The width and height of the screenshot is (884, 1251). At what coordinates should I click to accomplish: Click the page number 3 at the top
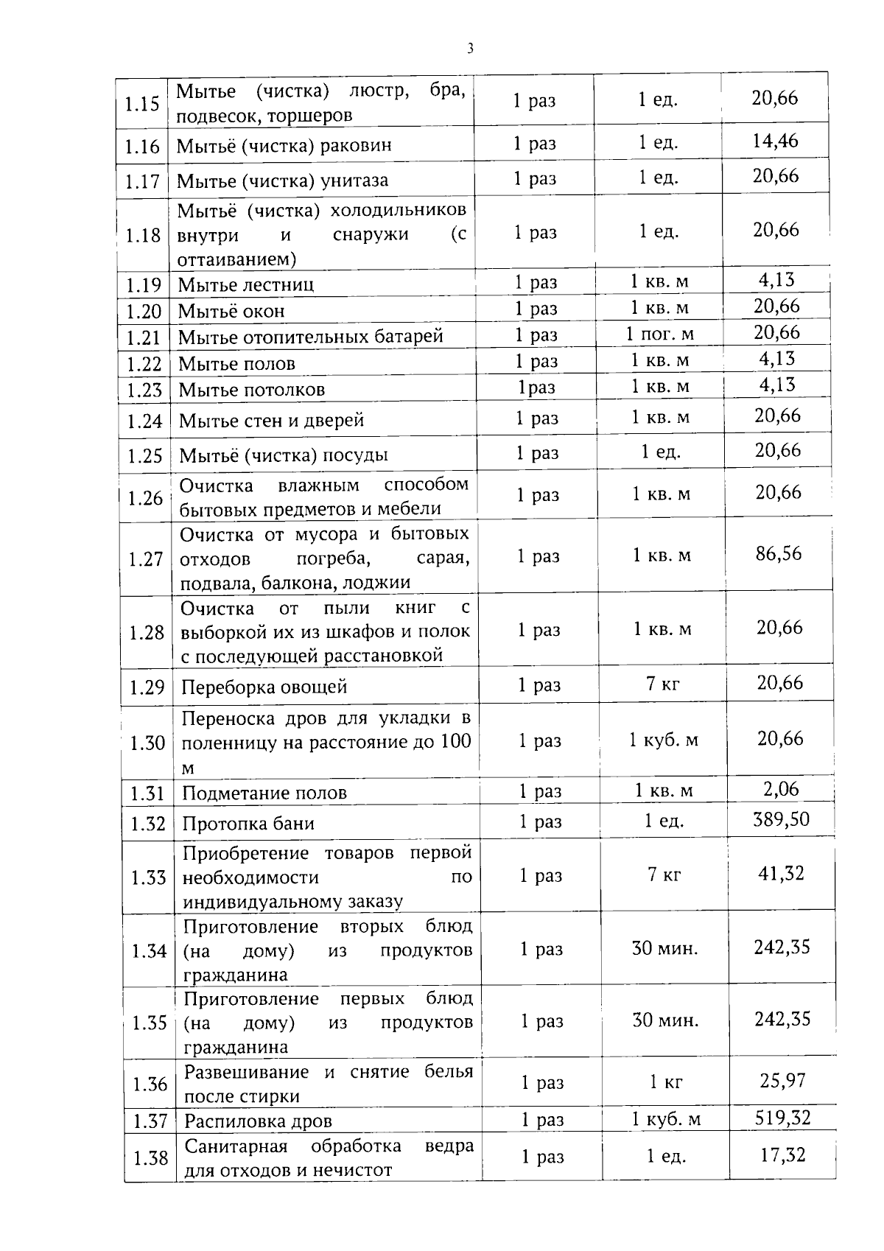tap(470, 49)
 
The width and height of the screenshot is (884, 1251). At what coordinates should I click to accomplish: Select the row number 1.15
tap(142, 104)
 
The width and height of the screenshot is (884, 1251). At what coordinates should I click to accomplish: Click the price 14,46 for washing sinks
tap(775, 141)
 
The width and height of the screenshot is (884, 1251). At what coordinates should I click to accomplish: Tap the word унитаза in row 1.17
tap(354, 181)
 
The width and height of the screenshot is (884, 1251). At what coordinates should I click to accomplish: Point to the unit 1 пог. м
tap(660, 334)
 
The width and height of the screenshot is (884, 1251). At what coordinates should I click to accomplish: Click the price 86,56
tap(778, 553)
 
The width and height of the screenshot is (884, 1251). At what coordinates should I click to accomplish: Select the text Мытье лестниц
tap(246, 284)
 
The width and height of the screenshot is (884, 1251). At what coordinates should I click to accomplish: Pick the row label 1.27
tap(145, 559)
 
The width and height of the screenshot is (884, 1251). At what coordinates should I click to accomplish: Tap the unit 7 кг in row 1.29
tap(663, 684)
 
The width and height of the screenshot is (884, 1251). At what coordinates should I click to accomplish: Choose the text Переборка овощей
tap(264, 687)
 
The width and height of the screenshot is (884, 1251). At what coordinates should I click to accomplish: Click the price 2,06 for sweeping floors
tap(781, 789)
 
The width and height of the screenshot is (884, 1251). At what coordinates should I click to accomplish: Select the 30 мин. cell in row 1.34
tap(664, 948)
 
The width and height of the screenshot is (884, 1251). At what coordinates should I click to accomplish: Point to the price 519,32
tap(782, 1118)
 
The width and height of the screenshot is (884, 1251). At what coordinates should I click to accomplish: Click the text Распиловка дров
tap(258, 1121)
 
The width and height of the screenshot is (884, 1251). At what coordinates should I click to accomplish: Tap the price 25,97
tap(782, 1080)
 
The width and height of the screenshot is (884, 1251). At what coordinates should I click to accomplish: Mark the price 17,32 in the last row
tap(782, 1154)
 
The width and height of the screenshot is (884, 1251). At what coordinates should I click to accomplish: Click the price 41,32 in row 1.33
tap(781, 874)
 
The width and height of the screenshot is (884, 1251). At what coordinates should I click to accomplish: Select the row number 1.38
tap(150, 1158)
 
